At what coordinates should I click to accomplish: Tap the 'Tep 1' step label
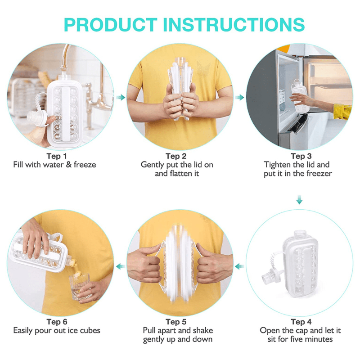(57, 156)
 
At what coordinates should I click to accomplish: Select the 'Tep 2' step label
(176, 156)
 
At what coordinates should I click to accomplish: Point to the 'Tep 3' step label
(301, 156)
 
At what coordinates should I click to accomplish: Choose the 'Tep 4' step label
(301, 322)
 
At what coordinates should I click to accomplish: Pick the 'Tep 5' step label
(176, 322)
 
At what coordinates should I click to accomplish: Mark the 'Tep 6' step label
(57, 322)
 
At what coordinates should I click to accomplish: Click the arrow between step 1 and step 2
(121, 97)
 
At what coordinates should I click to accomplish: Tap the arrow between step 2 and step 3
(239, 97)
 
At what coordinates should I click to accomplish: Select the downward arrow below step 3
(299, 200)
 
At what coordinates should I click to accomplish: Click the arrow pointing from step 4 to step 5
(239, 266)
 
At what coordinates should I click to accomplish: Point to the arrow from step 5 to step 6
(121, 266)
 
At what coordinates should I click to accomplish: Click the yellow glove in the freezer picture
(342, 112)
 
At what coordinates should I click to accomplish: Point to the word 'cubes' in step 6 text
(90, 331)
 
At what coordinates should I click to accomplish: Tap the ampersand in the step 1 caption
(69, 165)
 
